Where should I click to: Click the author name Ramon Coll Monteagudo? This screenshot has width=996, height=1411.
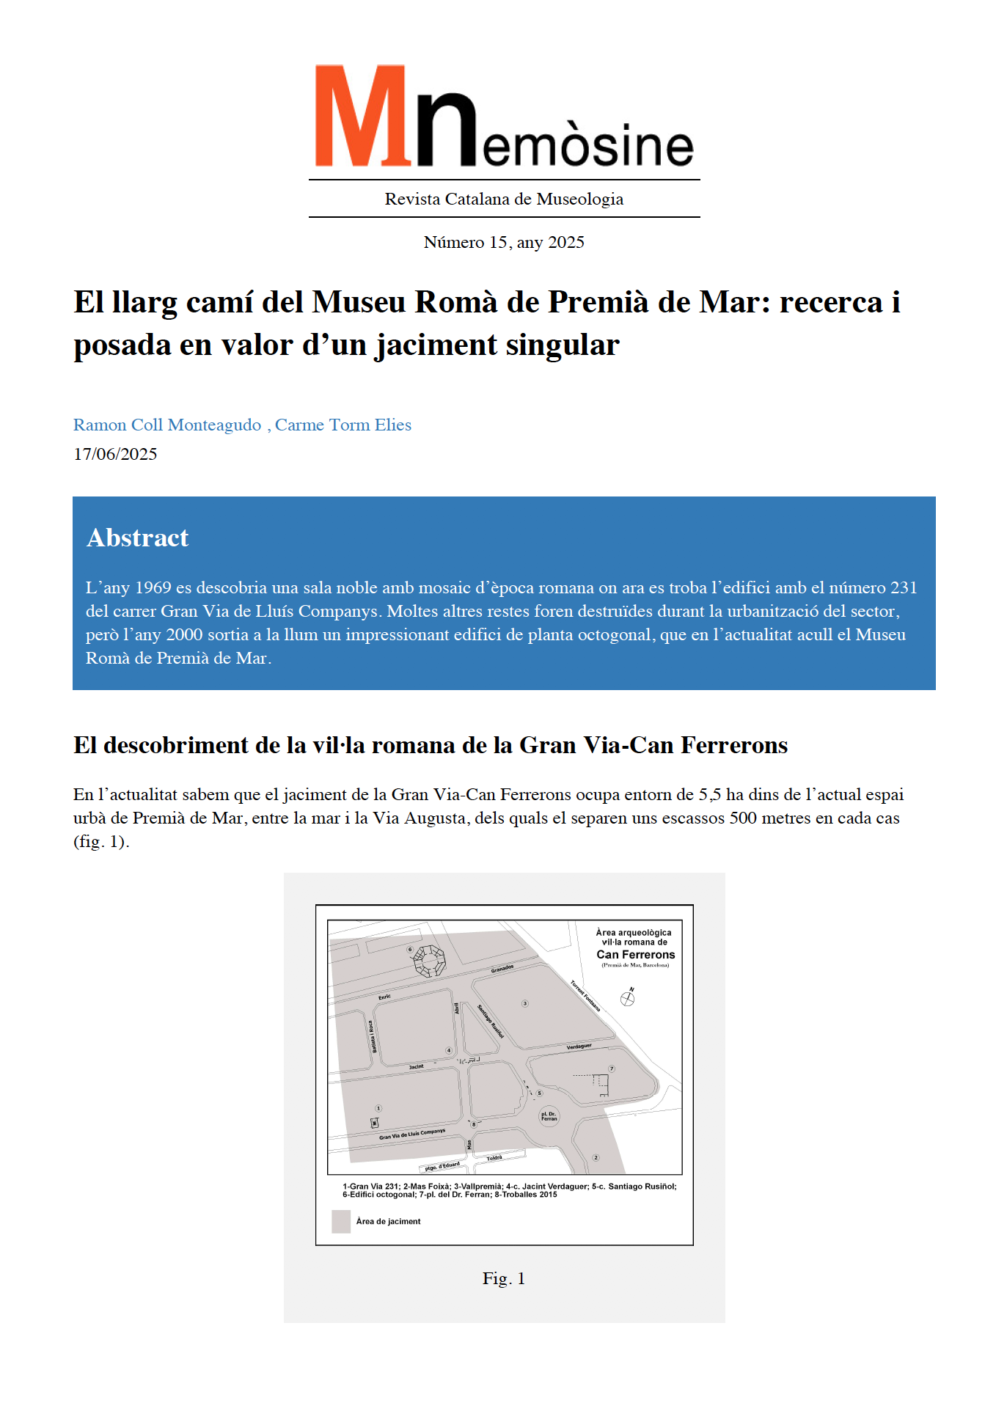coord(167,425)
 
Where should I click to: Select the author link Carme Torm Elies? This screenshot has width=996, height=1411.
coord(343,425)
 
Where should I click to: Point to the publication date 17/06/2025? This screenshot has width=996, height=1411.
coord(115,454)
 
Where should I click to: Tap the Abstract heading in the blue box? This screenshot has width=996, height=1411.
coord(137,538)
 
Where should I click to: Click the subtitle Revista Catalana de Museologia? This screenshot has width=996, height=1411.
coord(504,199)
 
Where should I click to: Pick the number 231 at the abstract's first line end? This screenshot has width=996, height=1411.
coord(904,587)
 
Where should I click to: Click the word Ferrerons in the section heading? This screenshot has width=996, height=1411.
coord(734,745)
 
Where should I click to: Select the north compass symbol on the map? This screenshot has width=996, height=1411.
coord(628,997)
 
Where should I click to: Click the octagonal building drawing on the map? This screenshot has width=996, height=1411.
coord(429,961)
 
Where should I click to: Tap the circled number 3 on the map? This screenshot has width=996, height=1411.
coord(525,1003)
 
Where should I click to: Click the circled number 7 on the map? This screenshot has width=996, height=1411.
coord(612,1069)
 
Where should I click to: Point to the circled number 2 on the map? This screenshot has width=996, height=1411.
coord(596,1157)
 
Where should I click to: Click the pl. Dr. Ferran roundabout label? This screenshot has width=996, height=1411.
coord(549,1117)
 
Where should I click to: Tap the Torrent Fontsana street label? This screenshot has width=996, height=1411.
coord(585,996)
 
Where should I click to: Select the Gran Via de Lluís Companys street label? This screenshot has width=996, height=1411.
coord(412,1134)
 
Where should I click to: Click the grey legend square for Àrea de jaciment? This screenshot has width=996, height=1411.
coord(341,1221)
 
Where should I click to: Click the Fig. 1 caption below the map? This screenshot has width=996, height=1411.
coord(504,1278)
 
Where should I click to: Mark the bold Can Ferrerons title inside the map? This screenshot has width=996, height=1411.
coord(635,954)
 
